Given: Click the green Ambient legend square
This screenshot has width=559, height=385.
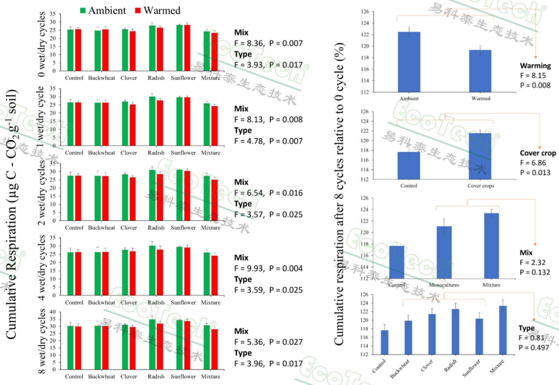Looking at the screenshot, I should click(83, 10).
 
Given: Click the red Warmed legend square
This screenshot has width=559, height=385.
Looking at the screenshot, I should click(138, 10).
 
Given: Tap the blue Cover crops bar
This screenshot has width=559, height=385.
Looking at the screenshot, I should click(480, 156).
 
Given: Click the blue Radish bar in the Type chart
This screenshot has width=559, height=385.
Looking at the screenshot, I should click(456, 332).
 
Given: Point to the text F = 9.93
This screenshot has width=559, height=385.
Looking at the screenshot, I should click(249, 268).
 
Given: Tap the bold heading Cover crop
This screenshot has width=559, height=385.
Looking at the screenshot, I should click(538, 153).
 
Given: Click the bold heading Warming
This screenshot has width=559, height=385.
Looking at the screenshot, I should click(535, 66).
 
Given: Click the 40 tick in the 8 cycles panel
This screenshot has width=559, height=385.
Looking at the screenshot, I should click(53, 312).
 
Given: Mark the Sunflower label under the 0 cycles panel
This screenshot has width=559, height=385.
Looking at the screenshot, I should click(183, 78).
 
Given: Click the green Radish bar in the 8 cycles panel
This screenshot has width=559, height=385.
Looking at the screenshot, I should click(152, 344).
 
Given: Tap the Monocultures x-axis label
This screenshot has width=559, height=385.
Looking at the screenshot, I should click(444, 285).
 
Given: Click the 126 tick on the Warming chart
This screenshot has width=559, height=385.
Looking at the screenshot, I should click(365, 12).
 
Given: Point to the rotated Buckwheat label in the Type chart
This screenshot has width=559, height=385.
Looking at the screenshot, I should click(400, 369).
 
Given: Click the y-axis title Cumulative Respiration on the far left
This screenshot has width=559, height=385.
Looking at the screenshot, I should click(11, 214).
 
